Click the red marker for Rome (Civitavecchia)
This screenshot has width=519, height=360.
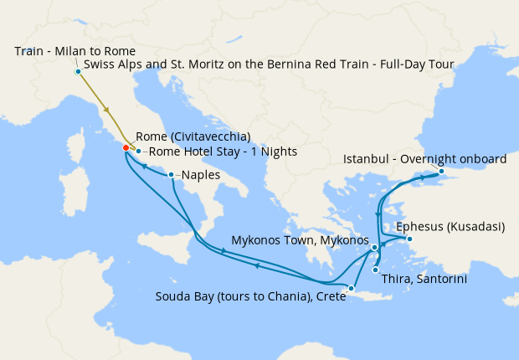[x=126, y=147]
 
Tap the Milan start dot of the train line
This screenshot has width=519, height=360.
[x=78, y=71]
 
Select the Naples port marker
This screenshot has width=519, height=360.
[x=171, y=175]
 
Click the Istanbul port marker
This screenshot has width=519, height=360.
[x=442, y=173]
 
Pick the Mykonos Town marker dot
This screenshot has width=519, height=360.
[x=375, y=248]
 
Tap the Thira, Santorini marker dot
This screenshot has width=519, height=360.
[x=375, y=269]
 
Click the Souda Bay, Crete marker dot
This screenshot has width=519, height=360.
[x=352, y=289]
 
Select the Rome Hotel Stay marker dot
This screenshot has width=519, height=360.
[x=138, y=152]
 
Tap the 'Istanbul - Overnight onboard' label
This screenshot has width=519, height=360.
[x=425, y=159]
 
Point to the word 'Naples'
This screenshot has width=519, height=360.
[x=201, y=176]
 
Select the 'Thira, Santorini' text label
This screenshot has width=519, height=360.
[x=424, y=279]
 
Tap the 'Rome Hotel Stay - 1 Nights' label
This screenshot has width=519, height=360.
[x=222, y=152]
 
